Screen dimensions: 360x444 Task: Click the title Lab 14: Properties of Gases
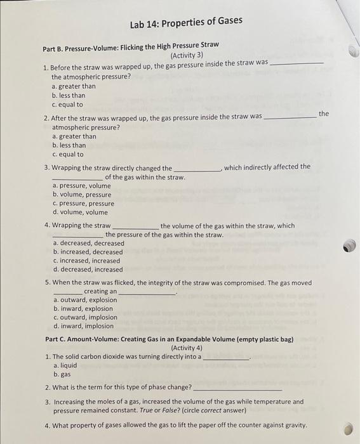(185, 22)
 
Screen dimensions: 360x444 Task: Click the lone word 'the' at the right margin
(324, 114)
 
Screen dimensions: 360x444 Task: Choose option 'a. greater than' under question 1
(74, 86)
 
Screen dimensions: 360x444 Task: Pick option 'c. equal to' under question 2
(67, 154)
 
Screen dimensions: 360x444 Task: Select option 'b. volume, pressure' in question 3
(81, 195)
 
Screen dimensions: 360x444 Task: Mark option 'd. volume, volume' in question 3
(80, 212)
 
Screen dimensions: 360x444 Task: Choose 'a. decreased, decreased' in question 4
(88, 243)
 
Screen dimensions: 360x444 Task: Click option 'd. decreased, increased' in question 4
(88, 270)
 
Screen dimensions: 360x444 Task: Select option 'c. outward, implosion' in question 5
(85, 318)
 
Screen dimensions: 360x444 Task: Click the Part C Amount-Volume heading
(169, 339)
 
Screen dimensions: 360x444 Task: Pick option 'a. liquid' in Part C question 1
(65, 365)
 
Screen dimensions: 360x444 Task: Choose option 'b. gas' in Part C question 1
(62, 374)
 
